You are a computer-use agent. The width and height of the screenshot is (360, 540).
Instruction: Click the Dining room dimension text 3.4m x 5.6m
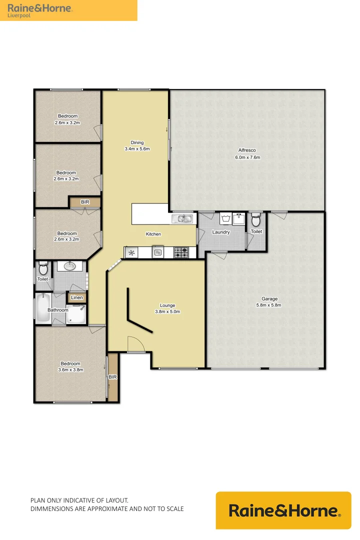tap(137, 149)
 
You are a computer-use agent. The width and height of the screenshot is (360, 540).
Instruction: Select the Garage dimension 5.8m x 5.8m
tap(268, 305)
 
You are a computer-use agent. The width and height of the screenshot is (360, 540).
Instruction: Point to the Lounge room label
tap(167, 305)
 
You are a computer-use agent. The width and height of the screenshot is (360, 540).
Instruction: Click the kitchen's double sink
tap(182, 218)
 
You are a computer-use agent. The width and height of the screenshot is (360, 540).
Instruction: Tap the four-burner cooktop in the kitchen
tap(180, 253)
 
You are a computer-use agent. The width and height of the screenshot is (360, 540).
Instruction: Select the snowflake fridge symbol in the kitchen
tap(131, 253)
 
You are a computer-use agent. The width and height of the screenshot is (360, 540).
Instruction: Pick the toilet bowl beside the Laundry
tap(256, 219)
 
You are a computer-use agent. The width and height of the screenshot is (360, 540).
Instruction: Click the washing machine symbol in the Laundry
tap(225, 219)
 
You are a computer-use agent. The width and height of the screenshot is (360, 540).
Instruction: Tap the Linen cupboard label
tap(76, 298)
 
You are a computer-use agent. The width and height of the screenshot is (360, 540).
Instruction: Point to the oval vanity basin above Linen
tap(68, 266)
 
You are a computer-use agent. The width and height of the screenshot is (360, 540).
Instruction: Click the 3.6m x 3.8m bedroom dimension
tap(70, 370)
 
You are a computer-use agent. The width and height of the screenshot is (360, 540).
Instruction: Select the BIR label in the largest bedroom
tap(112, 377)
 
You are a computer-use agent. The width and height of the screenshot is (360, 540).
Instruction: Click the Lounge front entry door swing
tap(135, 344)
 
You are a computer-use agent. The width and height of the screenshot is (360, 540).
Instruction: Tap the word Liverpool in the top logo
tap(18, 15)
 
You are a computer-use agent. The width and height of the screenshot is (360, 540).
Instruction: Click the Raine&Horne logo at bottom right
tap(283, 510)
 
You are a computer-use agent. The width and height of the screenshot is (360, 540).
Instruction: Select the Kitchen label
tap(153, 234)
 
